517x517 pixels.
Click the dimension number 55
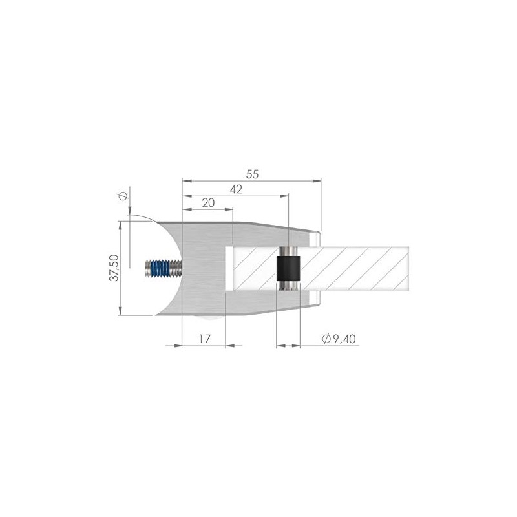(253, 173)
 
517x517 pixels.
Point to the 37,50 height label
(114, 266)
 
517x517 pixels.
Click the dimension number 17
(204, 339)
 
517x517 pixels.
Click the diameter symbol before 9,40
(326, 339)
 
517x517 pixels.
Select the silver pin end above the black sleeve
(289, 251)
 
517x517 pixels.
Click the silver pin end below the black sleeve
(289, 285)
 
